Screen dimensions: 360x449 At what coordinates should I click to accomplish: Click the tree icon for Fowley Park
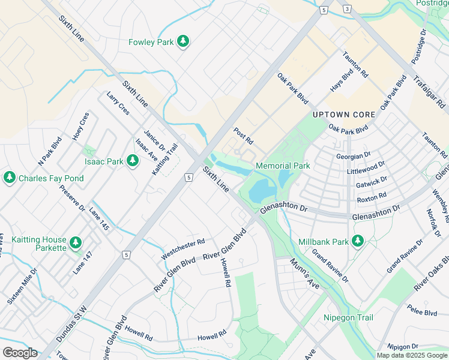[x=183, y=41]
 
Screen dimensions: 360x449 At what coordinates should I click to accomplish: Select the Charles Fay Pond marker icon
[x=9, y=178]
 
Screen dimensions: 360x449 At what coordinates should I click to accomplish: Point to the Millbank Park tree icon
[x=358, y=241]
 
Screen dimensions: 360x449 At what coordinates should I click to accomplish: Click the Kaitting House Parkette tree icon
[x=75, y=242]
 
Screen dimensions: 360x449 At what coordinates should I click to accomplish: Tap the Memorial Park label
[x=283, y=166]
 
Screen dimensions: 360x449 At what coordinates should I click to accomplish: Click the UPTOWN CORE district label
[x=344, y=115]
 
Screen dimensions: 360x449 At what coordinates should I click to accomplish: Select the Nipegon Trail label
[x=348, y=317]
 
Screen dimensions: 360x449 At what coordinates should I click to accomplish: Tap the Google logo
[x=20, y=352]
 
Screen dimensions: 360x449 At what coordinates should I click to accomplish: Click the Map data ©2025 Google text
[x=412, y=355]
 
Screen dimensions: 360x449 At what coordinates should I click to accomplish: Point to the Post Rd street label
[x=244, y=136]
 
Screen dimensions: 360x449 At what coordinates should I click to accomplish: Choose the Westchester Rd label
[x=183, y=249]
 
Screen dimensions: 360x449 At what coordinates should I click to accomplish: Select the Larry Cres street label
[x=118, y=103]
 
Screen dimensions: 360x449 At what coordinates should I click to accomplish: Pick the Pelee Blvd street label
[x=422, y=313]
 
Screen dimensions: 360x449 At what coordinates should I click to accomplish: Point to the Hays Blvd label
[x=340, y=81]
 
